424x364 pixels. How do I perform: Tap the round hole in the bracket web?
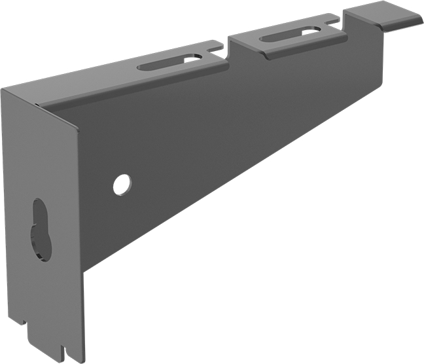122,185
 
